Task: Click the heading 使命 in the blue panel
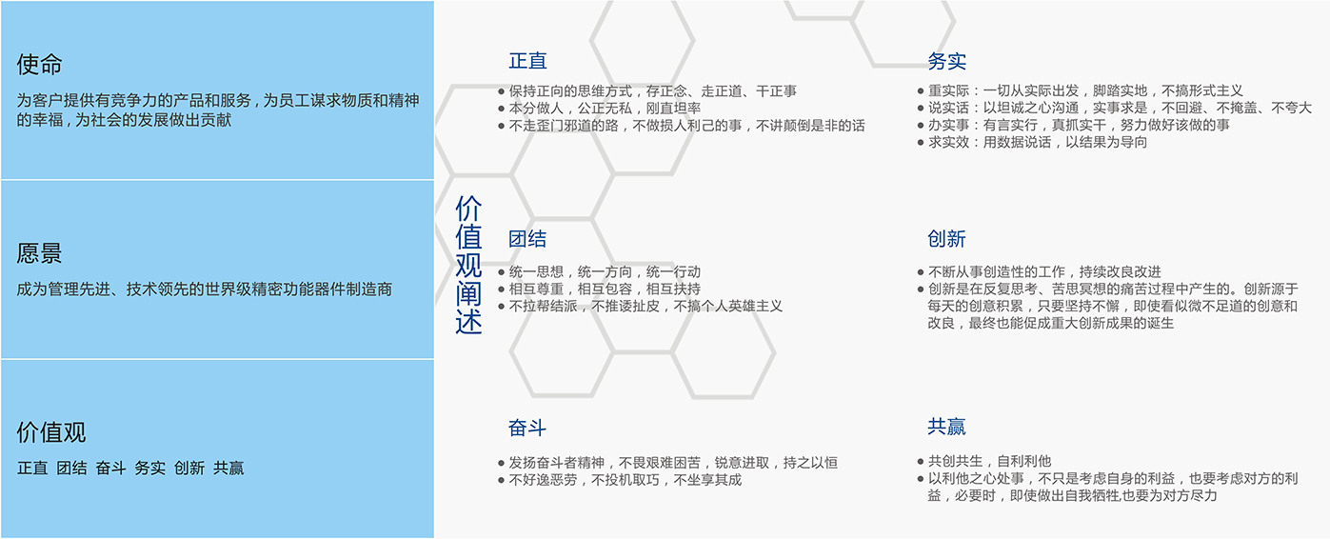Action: [39, 64]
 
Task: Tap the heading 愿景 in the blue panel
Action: [39, 253]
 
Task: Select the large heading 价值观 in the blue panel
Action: [51, 432]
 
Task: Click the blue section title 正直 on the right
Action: [527, 61]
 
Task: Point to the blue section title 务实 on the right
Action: [946, 61]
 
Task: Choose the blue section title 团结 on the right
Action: [527, 239]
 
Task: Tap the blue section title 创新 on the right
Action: [946, 239]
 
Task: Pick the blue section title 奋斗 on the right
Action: [527, 428]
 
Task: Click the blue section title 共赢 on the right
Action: [946, 427]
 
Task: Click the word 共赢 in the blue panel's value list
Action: [228, 468]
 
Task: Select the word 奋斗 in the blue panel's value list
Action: [111, 468]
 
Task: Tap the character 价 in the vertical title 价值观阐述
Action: [468, 209]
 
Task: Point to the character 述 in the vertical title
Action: [468, 321]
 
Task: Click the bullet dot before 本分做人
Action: [501, 109]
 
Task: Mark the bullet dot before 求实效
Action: [921, 143]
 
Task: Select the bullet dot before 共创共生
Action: [921, 461]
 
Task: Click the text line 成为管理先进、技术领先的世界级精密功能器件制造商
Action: [205, 289]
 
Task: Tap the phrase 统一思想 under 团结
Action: [536, 271]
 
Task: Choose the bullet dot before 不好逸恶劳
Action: [501, 480]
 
